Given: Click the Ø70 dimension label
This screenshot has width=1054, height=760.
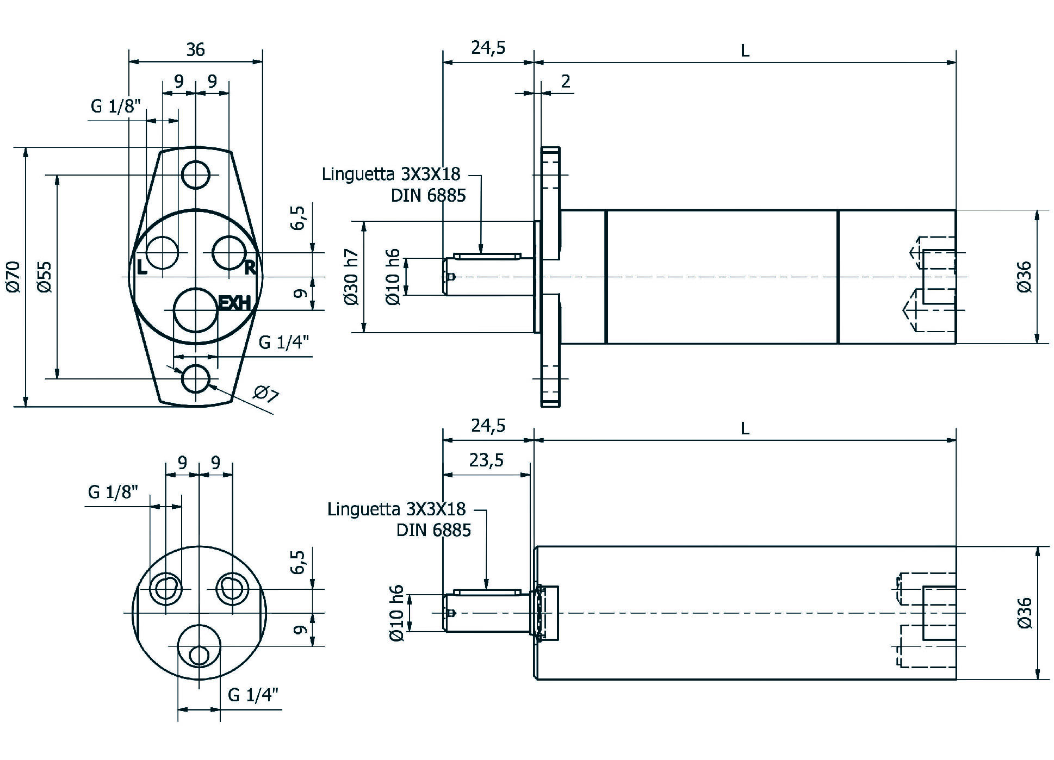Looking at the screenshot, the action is [15, 277].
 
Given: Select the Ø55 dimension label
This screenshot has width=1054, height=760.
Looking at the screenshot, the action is [46, 277].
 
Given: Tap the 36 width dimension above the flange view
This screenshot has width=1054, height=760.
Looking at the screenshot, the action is [196, 49].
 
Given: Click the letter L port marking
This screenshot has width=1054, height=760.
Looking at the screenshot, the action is [141, 267].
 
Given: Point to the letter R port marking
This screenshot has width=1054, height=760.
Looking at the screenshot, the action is [250, 267].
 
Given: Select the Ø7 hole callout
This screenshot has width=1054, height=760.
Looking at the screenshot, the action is [266, 393].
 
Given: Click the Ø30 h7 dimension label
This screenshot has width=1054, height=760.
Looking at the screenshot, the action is [351, 277].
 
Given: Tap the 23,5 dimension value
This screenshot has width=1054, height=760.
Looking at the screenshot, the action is [487, 460].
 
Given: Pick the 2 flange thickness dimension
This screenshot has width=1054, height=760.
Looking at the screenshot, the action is [566, 81].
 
